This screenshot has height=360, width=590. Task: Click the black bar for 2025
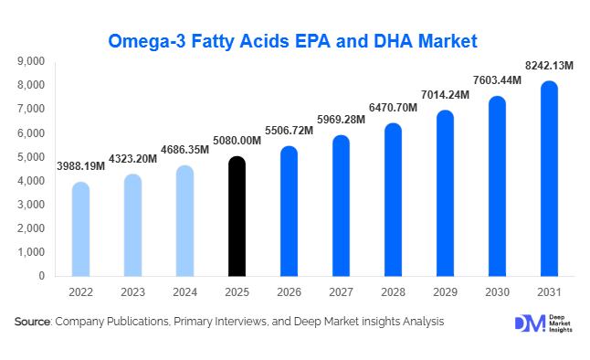pyautogui.click(x=237, y=217)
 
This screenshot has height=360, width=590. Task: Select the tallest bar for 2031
pyautogui.click(x=549, y=179)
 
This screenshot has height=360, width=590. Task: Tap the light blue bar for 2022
pyautogui.click(x=80, y=228)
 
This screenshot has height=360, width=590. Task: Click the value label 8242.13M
pyautogui.click(x=548, y=65)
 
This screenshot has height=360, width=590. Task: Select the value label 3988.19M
pyautogui.click(x=80, y=166)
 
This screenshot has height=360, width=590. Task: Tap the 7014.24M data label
pyautogui.click(x=444, y=94)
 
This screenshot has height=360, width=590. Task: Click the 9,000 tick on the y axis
pyautogui.click(x=31, y=61)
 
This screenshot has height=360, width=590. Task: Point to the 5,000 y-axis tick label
pyautogui.click(x=31, y=157)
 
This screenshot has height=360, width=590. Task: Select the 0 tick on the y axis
pyautogui.click(x=42, y=276)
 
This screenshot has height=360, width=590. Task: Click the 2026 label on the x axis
pyautogui.click(x=289, y=291)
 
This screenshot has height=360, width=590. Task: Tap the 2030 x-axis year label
pyautogui.click(x=497, y=291)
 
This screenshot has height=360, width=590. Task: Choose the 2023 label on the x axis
pyautogui.click(x=132, y=291)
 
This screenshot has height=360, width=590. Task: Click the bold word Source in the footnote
pyautogui.click(x=33, y=322)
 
